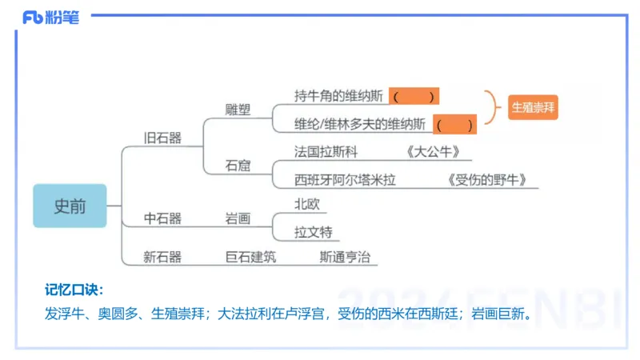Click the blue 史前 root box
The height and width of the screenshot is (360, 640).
coord(70,206)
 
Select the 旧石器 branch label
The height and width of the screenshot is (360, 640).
coord(162,138)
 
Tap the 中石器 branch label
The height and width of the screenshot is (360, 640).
coord(162,218)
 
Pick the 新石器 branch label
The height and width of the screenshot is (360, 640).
coord(162,257)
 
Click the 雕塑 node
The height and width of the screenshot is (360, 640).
coord(238,110)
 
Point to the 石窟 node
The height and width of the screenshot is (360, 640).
coord(238,166)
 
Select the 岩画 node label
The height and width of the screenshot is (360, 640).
coord(238,218)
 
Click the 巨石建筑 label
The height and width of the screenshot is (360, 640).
coord(250,257)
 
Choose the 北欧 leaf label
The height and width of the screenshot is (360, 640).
coord(307,204)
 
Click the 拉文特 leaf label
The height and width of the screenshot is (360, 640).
coord(313,232)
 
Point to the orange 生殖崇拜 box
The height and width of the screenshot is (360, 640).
coord(532,106)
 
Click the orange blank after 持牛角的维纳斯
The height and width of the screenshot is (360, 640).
coord(414,97)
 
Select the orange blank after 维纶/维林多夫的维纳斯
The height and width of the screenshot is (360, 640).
coord(454,125)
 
